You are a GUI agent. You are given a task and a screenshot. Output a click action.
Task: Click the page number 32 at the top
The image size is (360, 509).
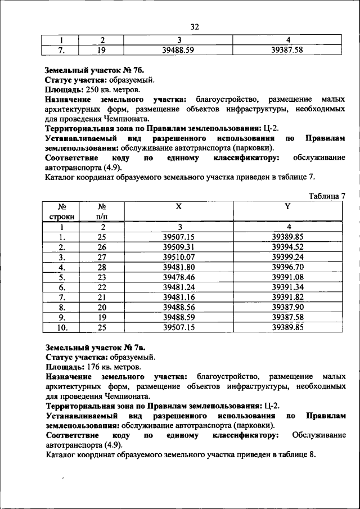point(195,27)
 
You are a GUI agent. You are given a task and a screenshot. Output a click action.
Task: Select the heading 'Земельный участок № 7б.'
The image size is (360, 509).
point(94,70)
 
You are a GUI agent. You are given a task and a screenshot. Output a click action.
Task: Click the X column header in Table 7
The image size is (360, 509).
point(178,206)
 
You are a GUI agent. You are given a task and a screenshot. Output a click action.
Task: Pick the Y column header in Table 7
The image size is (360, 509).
point(287,206)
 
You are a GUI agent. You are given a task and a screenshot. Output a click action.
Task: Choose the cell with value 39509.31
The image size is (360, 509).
point(178,247)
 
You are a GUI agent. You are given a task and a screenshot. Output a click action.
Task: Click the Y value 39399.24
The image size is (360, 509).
point(287,256)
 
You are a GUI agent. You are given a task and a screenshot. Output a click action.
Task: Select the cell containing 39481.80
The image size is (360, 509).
point(178,267)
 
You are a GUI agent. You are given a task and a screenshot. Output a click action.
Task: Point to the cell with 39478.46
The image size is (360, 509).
point(178,277)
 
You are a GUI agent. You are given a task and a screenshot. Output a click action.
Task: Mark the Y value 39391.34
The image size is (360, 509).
point(287,287)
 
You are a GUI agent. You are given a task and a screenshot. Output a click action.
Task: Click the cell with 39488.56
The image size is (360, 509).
point(178,307)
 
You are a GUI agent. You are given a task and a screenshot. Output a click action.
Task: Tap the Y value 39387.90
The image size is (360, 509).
point(287,307)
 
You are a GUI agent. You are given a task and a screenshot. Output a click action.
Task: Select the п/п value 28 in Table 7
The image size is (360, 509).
point(101,267)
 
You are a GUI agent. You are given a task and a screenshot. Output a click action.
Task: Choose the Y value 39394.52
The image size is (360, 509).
point(287,247)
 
